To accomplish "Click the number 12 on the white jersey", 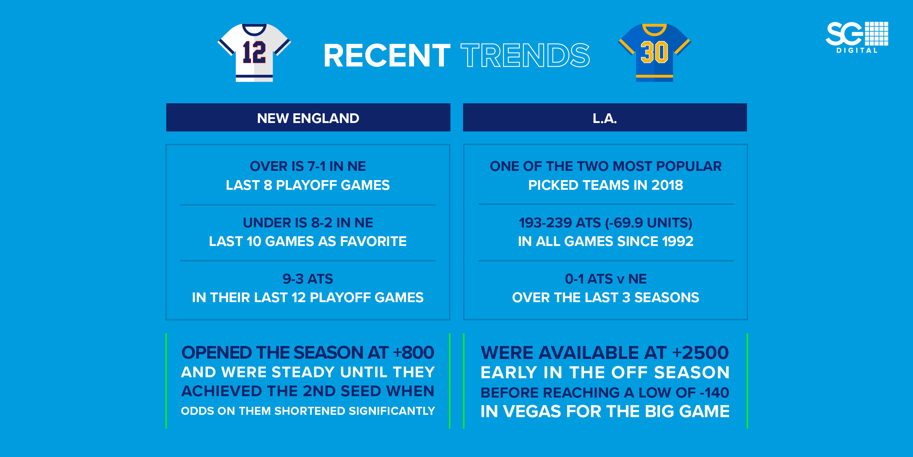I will [x=254, y=53].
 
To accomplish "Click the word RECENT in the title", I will [x=387, y=56].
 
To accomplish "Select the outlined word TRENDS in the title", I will [x=525, y=56].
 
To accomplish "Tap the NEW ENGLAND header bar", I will [x=308, y=118].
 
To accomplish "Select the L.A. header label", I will [x=605, y=118].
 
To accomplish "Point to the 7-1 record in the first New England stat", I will [x=316, y=166].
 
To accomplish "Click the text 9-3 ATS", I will [x=308, y=279].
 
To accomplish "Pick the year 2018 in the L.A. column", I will [x=667, y=185].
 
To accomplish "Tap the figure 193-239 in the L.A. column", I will [x=545, y=222].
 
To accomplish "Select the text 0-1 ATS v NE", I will [x=605, y=279].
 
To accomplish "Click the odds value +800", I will [x=414, y=352].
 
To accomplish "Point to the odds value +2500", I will [x=701, y=352].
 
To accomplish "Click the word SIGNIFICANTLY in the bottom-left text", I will [x=392, y=411].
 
